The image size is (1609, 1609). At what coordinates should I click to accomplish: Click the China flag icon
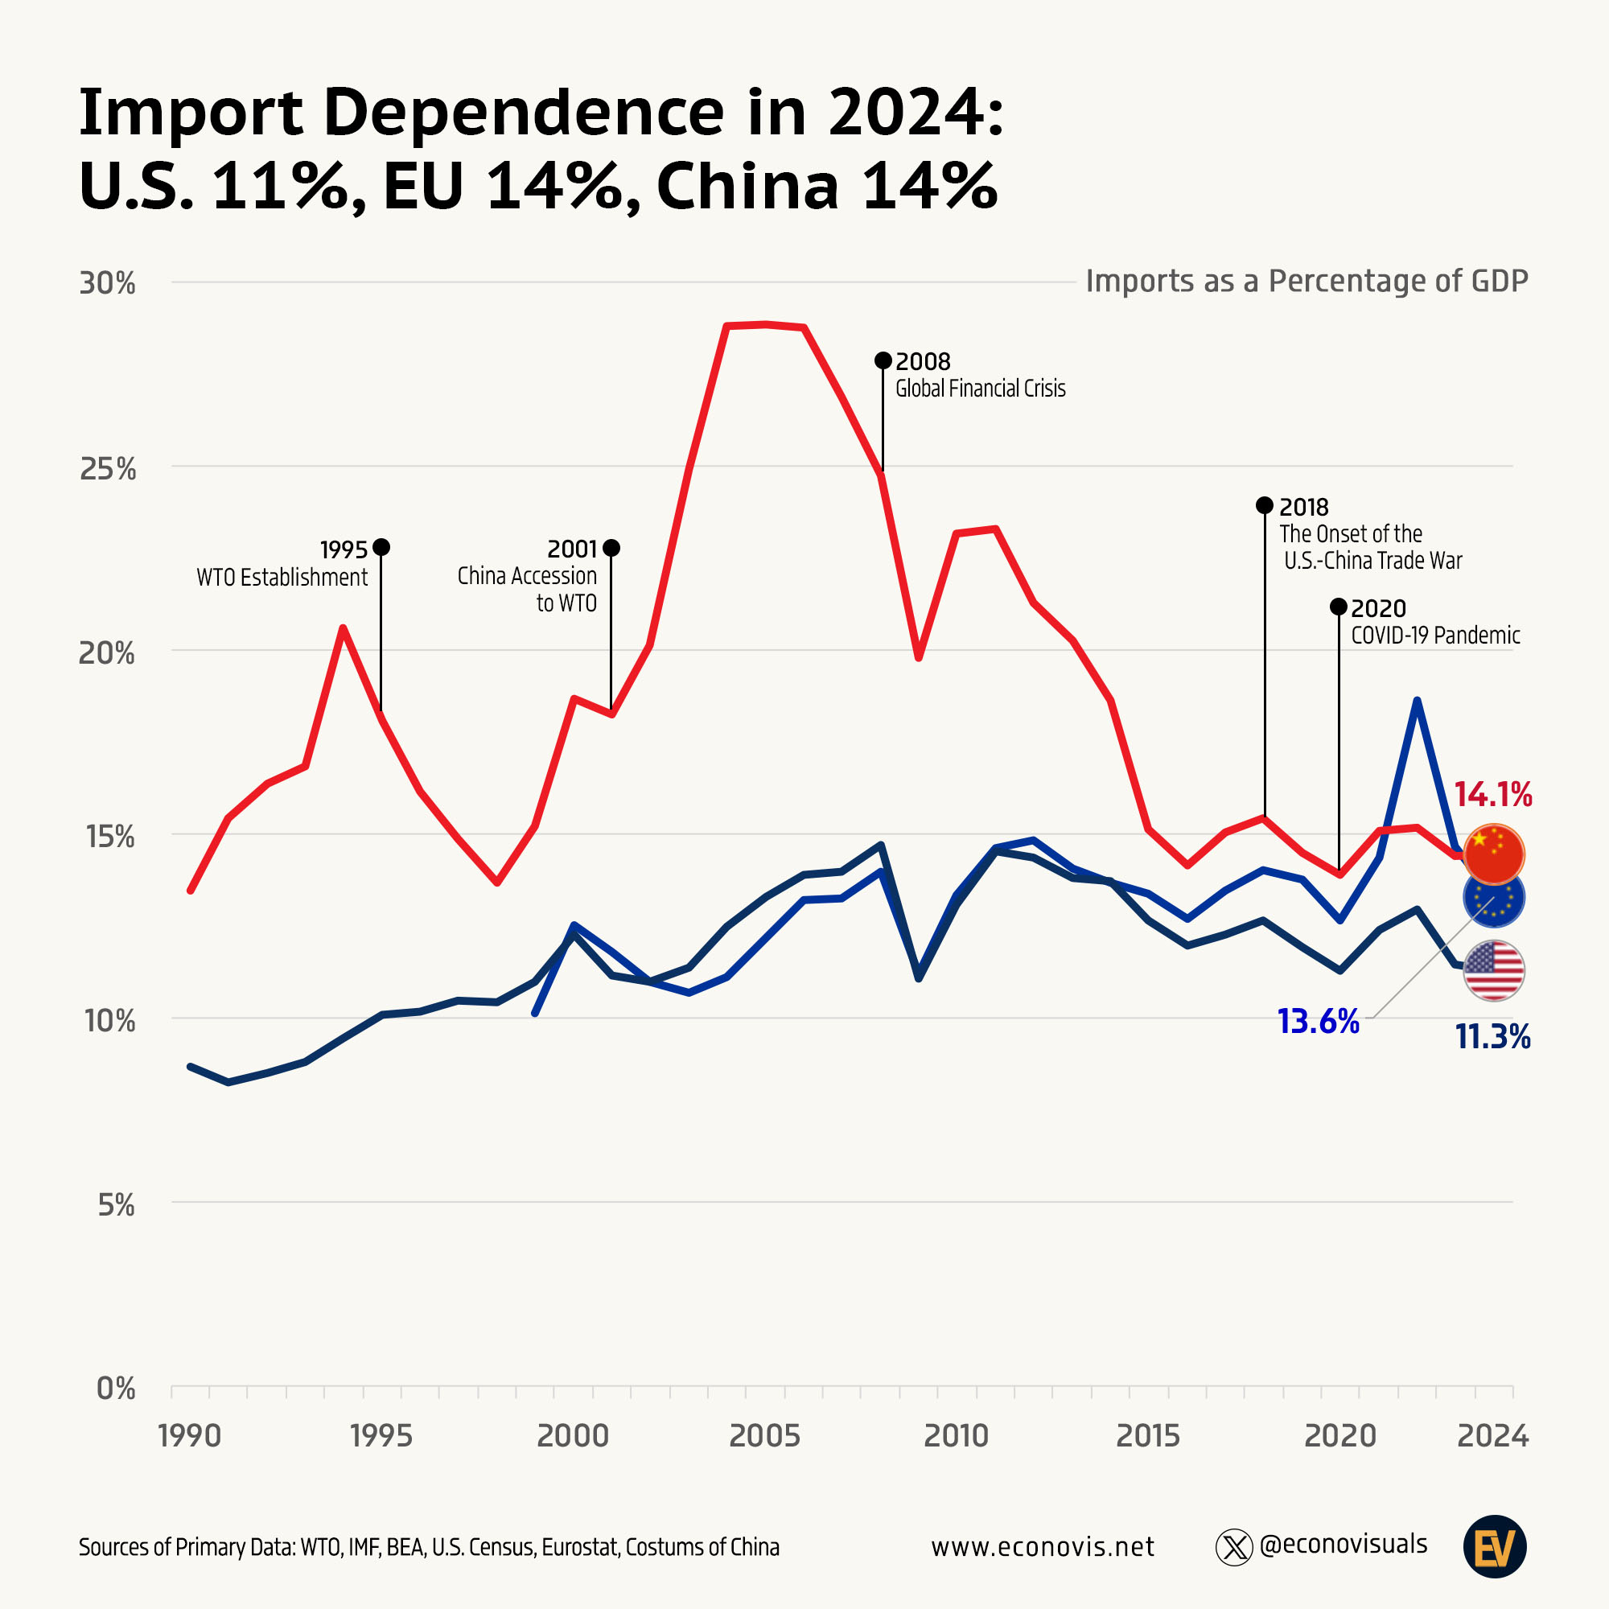coord(1493,854)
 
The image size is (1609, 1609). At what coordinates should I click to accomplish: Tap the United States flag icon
coord(1493,970)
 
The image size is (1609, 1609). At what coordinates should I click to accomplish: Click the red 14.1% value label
coord(1492,795)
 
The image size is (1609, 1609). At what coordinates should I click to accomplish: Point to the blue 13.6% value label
coord(1319,1021)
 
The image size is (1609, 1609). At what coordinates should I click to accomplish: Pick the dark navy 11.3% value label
coord(1492,1037)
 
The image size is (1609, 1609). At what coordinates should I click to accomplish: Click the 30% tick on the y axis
coord(108,283)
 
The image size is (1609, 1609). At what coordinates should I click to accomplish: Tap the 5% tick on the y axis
coord(116,1204)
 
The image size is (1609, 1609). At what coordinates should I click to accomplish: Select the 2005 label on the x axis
coord(763,1436)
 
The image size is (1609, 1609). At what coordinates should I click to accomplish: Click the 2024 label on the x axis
coord(1492,1436)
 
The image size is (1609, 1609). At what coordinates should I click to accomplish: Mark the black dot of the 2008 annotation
coord(883,360)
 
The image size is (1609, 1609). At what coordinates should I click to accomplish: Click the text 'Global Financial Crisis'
coord(980,389)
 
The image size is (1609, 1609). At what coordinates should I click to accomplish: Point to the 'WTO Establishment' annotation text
coord(282,577)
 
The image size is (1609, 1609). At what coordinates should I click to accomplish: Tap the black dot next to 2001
coord(611,548)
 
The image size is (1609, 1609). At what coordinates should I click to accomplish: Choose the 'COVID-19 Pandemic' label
coord(1435,636)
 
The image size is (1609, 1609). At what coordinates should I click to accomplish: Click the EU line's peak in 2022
coord(1417,701)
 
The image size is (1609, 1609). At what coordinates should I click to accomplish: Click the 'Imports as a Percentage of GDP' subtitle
coord(1307,281)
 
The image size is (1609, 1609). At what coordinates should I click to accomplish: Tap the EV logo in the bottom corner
coord(1494,1546)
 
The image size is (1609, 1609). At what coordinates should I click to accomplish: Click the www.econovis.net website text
coord(1043,1546)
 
